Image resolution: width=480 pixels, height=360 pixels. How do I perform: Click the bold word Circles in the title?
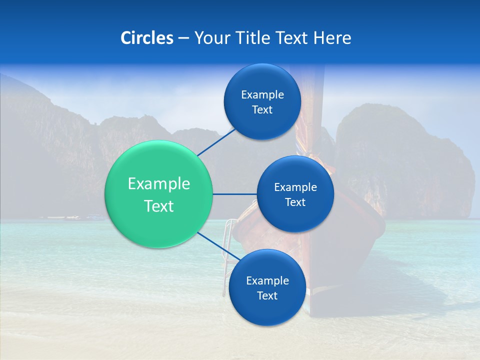click(146, 38)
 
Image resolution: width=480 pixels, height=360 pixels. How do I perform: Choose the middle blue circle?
click(295, 215)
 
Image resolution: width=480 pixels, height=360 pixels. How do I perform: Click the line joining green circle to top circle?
click(216, 142)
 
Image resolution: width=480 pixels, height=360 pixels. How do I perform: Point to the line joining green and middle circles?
click(235, 194)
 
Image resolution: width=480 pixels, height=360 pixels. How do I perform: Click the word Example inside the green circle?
click(159, 183)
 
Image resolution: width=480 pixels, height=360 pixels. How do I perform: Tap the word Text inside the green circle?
click(159, 206)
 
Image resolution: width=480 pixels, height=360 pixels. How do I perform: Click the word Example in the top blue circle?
click(262, 94)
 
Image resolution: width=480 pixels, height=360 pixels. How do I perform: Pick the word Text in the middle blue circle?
click(295, 202)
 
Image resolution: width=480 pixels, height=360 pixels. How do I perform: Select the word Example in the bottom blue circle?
click(267, 280)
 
